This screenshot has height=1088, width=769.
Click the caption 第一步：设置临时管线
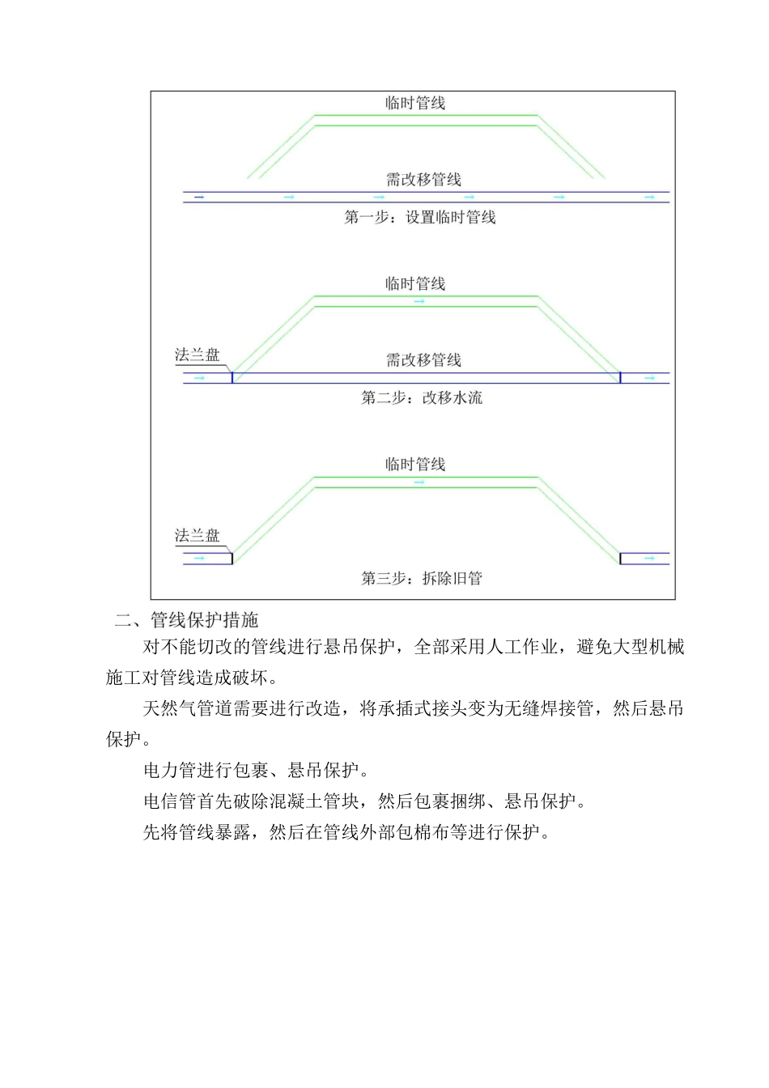(x=419, y=217)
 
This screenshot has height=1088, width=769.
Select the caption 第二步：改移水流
(x=421, y=397)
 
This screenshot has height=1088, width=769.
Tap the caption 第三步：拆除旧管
(x=421, y=578)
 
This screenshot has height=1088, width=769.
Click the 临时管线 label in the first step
(x=415, y=103)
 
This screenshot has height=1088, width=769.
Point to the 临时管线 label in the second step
(x=415, y=283)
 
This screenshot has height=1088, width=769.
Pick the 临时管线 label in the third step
(x=415, y=464)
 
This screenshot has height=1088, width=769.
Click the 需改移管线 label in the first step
(x=423, y=180)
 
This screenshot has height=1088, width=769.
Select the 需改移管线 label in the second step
(x=423, y=360)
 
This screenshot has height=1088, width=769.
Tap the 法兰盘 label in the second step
(x=197, y=355)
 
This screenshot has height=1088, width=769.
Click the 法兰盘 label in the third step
(x=197, y=535)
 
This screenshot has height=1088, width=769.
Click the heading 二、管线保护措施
(x=186, y=620)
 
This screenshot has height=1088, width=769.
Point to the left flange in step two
(x=232, y=377)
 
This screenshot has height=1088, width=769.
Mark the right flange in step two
(x=620, y=377)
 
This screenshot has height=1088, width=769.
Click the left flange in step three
(x=232, y=558)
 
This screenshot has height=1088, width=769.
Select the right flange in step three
(x=620, y=558)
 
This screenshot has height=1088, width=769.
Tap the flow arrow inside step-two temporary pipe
(x=419, y=302)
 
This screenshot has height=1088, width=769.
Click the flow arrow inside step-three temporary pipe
(x=419, y=482)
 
